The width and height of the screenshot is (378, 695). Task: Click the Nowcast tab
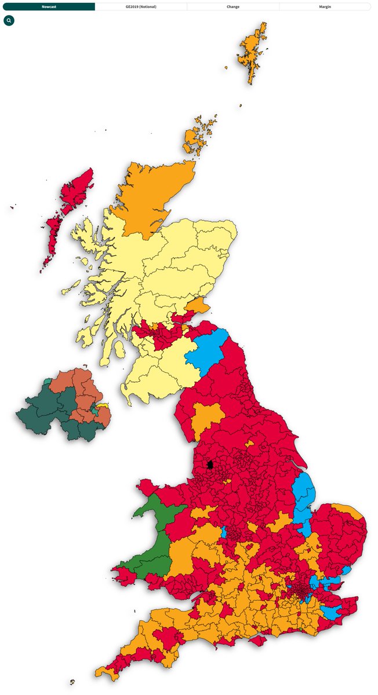49,6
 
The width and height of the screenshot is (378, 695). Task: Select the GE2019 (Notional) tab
141,6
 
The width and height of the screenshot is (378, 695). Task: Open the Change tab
233,6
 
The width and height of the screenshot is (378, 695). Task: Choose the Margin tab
325,6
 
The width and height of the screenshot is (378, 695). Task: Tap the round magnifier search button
9,20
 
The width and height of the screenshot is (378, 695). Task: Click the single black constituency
210,464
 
